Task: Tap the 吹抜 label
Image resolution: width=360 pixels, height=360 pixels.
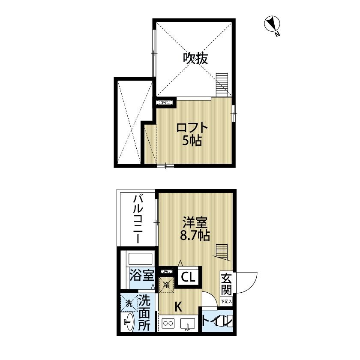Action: click(196, 58)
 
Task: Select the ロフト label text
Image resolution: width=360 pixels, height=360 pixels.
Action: click(192, 128)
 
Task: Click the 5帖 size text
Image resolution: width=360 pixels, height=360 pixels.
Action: click(192, 140)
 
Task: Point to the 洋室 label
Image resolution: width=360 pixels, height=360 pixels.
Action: click(195, 223)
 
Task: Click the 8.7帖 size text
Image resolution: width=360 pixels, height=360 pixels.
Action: click(195, 235)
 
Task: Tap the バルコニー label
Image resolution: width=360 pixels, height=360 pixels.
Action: click(138, 219)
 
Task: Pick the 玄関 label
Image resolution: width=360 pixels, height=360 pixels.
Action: click(226, 285)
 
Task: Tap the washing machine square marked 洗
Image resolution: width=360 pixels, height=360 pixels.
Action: click(129, 303)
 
